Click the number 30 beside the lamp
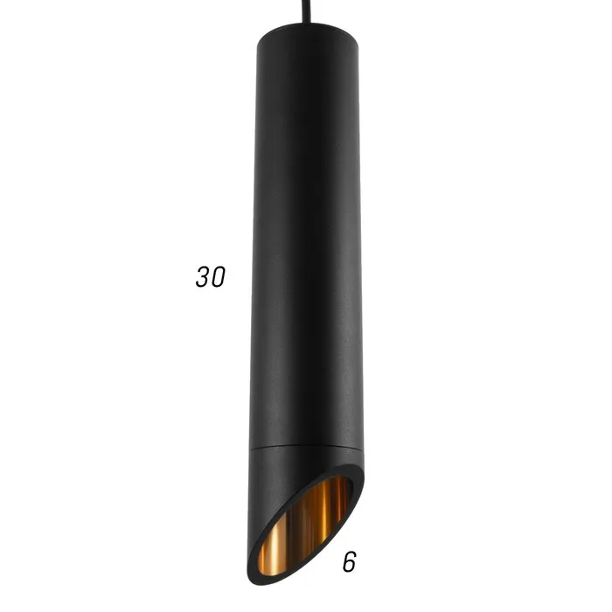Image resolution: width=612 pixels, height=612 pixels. pos(211,277)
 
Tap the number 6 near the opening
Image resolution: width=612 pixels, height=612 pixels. pos(350,562)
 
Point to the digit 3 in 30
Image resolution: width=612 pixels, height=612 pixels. pos(203,277)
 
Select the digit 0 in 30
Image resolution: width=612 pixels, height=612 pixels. pos(219,277)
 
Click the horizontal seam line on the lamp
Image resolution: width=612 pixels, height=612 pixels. pos(307,448)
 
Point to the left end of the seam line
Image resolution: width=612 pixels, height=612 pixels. pos(250,448)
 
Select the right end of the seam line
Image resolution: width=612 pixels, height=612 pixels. pos(364,448)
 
